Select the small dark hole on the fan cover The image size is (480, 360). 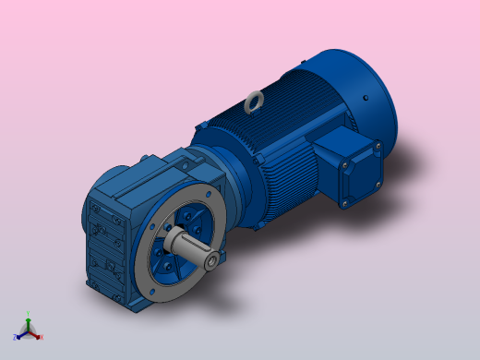[x=367, y=95]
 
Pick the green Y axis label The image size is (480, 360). [x=29, y=313]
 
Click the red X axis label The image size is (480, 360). [x=42, y=337]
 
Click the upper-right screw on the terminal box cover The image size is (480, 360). [x=377, y=146]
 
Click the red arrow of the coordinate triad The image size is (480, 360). [x=36, y=333]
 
